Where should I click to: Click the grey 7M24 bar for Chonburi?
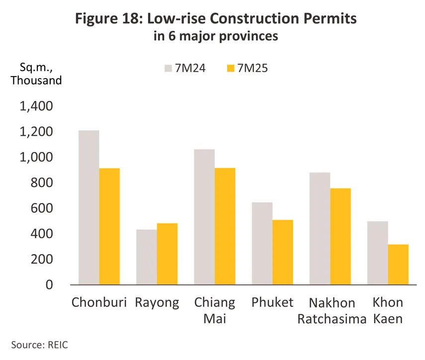[x=88, y=207]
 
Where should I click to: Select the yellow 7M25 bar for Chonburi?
[x=109, y=226]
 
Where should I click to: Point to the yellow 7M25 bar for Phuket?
[x=282, y=252]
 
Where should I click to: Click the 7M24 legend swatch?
[x=169, y=69]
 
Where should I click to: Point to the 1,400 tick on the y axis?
[x=39, y=106]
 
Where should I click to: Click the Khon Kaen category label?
[x=388, y=310]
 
